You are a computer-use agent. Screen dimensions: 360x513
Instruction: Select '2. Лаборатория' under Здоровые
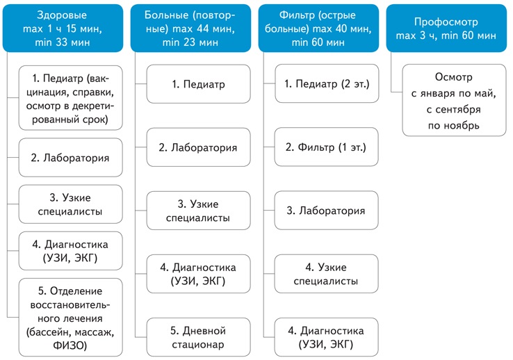71,158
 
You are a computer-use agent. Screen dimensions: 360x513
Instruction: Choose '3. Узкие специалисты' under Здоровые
71,205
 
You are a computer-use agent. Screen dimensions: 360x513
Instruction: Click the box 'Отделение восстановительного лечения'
71,317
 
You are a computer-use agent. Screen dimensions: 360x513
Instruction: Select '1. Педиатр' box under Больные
199,85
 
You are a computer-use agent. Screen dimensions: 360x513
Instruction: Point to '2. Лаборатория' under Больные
199,148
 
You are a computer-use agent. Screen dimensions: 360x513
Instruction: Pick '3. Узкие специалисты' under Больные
199,211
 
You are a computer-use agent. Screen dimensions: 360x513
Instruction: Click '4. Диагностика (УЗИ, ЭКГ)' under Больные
199,274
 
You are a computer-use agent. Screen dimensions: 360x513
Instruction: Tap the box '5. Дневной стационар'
199,337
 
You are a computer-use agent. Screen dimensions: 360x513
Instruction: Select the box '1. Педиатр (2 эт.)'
327,85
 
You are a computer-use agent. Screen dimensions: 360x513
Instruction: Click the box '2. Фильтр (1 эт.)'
327,148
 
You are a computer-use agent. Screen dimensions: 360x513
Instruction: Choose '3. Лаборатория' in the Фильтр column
327,211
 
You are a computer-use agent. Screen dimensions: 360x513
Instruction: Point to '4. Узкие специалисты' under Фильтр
327,274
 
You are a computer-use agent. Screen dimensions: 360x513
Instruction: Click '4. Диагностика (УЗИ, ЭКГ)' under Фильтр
327,337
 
